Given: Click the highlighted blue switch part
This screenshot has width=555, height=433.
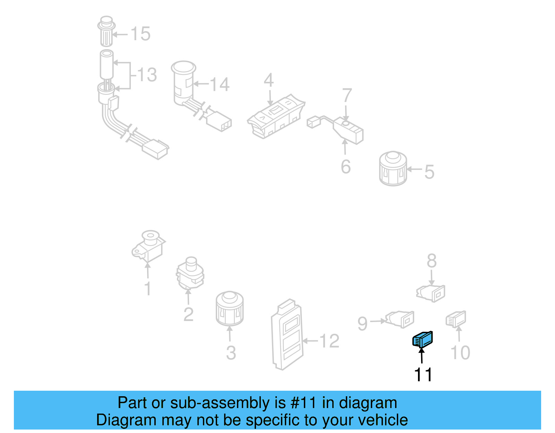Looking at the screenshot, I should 422,339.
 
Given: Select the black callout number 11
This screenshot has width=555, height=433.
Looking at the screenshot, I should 423,374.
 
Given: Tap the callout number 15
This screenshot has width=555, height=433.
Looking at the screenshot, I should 140,34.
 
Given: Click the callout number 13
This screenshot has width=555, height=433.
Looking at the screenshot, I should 147,75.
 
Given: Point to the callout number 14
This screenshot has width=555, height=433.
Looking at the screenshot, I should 220,85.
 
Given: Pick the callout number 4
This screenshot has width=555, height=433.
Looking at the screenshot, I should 268,80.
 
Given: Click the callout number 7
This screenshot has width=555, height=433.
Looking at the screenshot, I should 347,95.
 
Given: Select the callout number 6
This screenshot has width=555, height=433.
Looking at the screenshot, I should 345,167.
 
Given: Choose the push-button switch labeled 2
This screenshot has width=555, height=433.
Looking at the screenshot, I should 190,274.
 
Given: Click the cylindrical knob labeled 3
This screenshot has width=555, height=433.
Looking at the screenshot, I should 229,309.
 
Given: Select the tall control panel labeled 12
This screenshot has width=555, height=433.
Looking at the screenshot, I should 287,335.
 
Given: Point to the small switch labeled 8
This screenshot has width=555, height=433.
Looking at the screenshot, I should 431,293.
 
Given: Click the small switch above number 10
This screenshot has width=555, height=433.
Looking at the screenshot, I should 456,319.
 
